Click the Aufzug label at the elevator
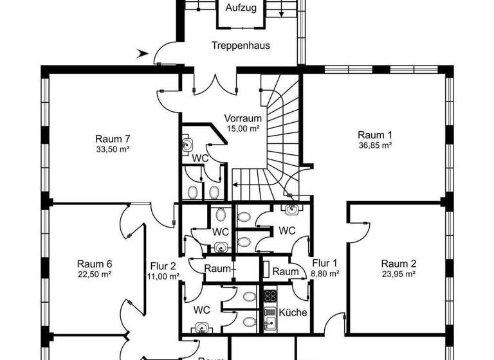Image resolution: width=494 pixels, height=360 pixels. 241,8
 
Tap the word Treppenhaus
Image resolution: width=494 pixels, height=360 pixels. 241,46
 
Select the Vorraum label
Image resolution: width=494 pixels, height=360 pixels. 242,118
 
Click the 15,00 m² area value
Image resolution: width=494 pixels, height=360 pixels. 242,129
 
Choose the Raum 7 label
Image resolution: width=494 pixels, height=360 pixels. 113,139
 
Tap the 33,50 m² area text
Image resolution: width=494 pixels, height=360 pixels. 113,149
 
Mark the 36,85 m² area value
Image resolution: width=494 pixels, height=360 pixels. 375,145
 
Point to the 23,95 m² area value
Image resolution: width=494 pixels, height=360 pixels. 398,274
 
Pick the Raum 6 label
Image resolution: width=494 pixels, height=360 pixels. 95,264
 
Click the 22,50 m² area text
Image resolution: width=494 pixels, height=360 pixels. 95,274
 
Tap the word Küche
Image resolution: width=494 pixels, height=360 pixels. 293,312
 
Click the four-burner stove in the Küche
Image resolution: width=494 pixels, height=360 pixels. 270,296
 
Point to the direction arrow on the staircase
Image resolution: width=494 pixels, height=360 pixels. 237,184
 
